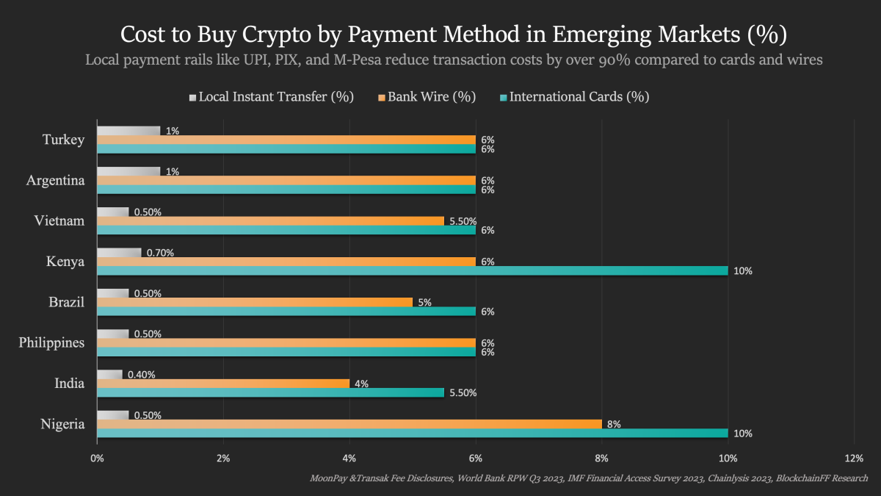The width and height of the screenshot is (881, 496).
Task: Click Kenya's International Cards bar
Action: [x=411, y=270]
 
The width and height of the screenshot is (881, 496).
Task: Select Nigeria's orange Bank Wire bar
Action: [x=349, y=424]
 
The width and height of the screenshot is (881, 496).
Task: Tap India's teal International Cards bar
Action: [x=270, y=392]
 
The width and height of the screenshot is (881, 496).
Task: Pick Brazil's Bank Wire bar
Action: [x=254, y=302]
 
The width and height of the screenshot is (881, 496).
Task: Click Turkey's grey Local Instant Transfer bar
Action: [x=128, y=131]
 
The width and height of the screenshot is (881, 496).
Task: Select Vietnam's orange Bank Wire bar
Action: [x=270, y=220]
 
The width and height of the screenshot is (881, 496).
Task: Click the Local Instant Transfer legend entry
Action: [x=272, y=96]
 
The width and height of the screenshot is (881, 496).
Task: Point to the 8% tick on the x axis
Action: [x=602, y=459]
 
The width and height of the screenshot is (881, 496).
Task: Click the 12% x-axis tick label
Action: [x=854, y=459]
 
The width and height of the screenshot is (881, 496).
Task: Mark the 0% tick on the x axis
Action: [x=97, y=459]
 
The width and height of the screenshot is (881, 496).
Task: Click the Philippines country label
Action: [x=51, y=342]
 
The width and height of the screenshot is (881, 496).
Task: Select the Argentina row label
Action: [x=55, y=180]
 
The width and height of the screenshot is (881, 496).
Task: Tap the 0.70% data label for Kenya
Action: [x=161, y=253]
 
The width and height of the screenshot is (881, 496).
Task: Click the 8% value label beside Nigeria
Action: [x=614, y=424]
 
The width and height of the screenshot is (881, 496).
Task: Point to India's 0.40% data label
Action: [x=141, y=375]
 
